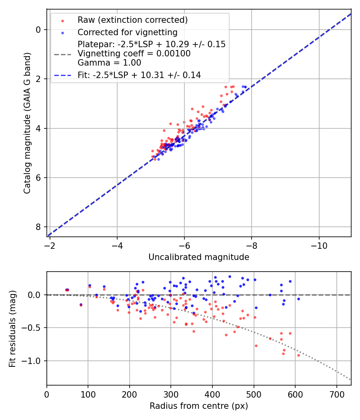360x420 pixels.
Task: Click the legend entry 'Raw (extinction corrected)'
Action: click(x=132, y=20)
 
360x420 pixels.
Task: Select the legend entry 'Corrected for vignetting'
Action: click(x=127, y=32)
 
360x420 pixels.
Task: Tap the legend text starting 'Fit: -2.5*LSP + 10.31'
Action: click(x=139, y=75)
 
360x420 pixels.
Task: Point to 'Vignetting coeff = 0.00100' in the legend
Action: click(x=134, y=54)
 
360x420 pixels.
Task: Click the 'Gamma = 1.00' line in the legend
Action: click(x=109, y=63)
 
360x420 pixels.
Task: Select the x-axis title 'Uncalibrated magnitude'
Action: click(x=199, y=257)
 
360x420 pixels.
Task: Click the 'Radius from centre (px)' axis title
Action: click(x=199, y=406)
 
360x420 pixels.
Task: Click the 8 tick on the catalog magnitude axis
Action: click(x=38, y=227)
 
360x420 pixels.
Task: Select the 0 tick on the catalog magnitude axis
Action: click(x=38, y=30)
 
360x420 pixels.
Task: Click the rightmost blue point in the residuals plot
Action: click(x=298, y=299)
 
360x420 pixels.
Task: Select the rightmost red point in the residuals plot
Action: click(x=298, y=355)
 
